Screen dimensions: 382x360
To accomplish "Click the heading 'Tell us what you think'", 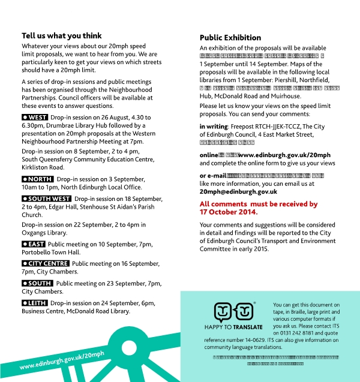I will click(62, 35).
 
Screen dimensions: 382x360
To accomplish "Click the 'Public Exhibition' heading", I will click(230, 37).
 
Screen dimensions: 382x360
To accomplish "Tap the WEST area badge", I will click(35, 117).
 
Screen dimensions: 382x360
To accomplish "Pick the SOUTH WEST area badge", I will click(46, 198).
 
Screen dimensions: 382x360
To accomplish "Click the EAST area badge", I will click(33, 244).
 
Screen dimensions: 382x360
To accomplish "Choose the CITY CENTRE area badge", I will click(45, 263).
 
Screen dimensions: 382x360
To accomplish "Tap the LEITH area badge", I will click(34, 303).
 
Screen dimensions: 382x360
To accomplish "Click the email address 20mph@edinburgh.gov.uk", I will click(238, 191).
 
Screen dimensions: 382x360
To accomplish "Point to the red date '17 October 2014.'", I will click(229, 212).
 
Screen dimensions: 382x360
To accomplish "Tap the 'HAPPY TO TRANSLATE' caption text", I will click(238, 327).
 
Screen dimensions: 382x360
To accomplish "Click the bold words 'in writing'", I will click(214, 126).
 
